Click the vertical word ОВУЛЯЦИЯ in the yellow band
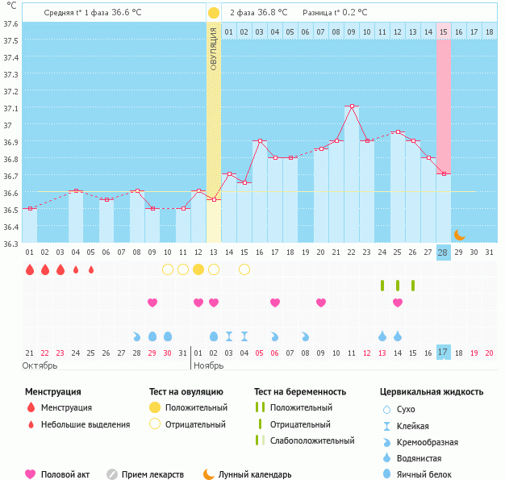(214, 48)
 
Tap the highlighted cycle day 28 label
(443, 253)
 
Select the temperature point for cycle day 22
(351, 106)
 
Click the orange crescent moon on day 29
(459, 235)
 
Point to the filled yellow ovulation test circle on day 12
(198, 269)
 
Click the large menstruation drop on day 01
(30, 269)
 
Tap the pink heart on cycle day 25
(398, 303)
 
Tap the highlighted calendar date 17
(443, 353)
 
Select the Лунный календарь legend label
(258, 475)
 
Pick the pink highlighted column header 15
(444, 32)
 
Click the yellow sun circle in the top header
(213, 13)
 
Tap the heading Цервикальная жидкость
(432, 392)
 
